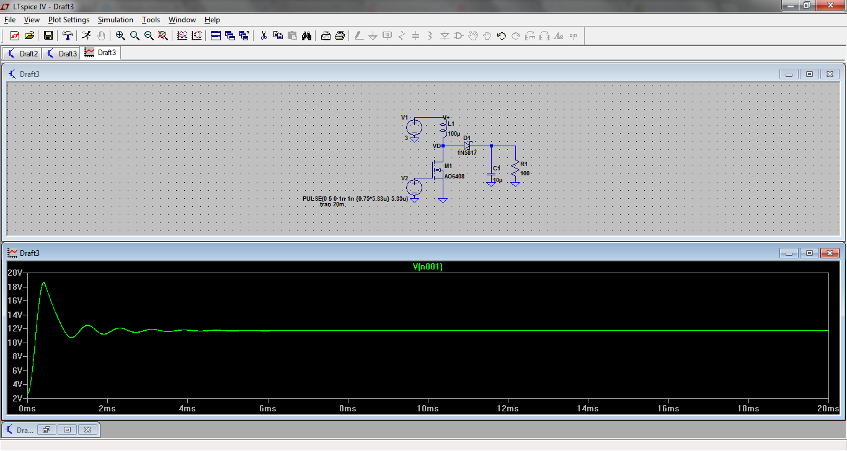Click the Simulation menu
tap(115, 20)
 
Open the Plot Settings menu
tap(69, 20)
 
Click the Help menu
tap(212, 20)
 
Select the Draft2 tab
tap(23, 53)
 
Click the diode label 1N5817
tap(467, 153)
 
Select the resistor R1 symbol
tap(515, 173)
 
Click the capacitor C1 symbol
tap(491, 175)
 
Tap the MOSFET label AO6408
tap(454, 176)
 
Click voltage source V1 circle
tap(414, 128)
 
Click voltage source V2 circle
tap(414, 187)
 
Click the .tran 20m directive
tap(331, 204)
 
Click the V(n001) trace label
tap(428, 267)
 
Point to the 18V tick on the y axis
tap(15, 287)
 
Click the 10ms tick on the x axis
tap(428, 408)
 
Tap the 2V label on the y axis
tap(16, 398)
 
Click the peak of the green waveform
tap(43, 282)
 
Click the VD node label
tap(436, 146)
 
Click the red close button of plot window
tap(829, 253)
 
